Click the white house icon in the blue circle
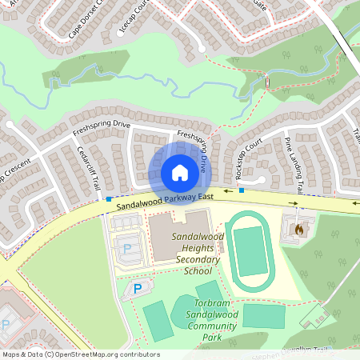[179, 173]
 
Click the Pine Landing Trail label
[294, 164]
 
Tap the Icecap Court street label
[133, 17]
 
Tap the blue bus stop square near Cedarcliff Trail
[108, 199]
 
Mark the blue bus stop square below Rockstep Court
[241, 190]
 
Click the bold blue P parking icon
[137, 288]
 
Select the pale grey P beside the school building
[127, 249]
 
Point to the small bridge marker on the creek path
[267, 81]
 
